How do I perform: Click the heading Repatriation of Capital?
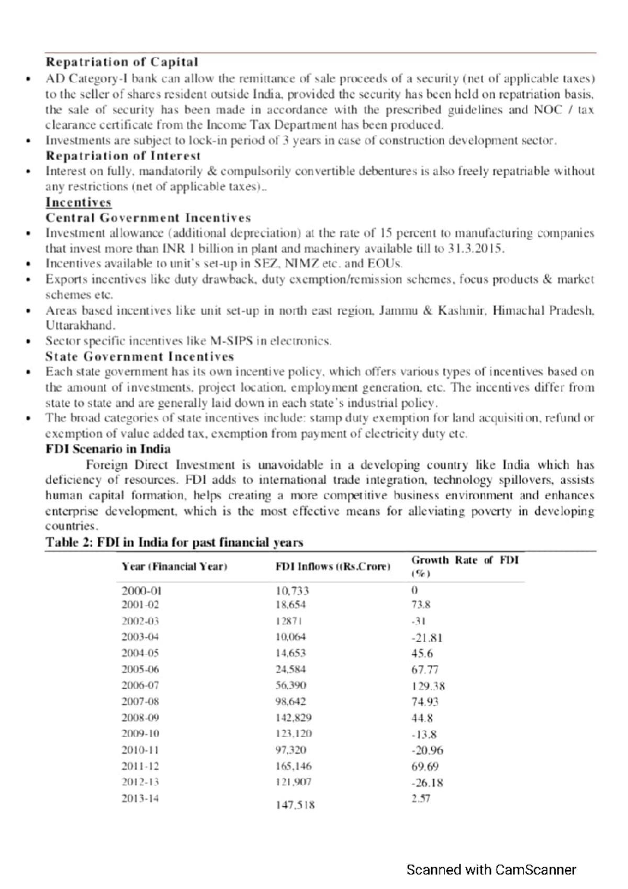pyautogui.click(x=121, y=62)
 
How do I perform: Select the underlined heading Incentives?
pyautogui.click(x=78, y=202)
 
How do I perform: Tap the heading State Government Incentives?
pyautogui.click(x=139, y=357)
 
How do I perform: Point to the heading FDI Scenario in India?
pyautogui.click(x=108, y=449)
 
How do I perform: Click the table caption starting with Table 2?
pyautogui.click(x=174, y=542)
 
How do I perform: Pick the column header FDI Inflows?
pyautogui.click(x=333, y=566)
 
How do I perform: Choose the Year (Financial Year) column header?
pyautogui.click(x=174, y=566)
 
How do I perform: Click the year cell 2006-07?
pyautogui.click(x=140, y=685)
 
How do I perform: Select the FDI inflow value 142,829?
pyautogui.click(x=293, y=717)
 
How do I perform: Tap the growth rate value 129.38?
pyautogui.click(x=428, y=686)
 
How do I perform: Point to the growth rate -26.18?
pyautogui.click(x=427, y=783)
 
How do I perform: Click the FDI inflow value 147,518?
pyautogui.click(x=295, y=805)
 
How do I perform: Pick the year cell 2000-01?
pyautogui.click(x=141, y=591)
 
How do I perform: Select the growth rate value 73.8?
pyautogui.click(x=421, y=605)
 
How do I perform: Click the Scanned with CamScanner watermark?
pyautogui.click(x=491, y=870)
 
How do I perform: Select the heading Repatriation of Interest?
pyautogui.click(x=123, y=156)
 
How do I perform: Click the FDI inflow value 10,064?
pyautogui.click(x=290, y=637)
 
